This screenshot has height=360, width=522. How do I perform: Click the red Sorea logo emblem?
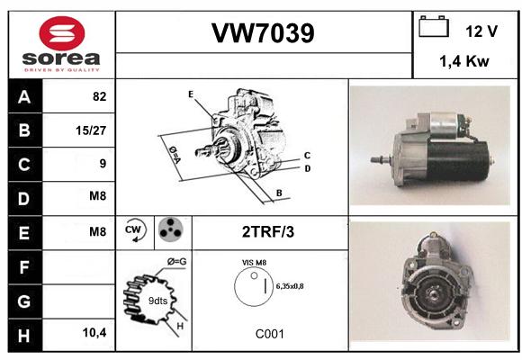pos(62,33)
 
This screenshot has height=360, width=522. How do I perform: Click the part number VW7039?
pos(263,33)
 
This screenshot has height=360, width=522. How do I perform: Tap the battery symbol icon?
pos(434,26)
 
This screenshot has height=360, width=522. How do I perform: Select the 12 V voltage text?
pos(481,31)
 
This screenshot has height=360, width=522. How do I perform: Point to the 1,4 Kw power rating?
pos(464,61)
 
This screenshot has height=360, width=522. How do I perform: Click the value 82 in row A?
pos(100,96)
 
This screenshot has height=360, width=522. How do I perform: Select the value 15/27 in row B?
pos(91,130)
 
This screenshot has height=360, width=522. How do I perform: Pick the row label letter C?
pos(24,165)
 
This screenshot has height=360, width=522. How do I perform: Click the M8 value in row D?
pos(98,196)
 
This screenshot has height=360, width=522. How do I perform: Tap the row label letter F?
pos(24,267)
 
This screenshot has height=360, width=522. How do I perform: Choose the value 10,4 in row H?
pos(94,332)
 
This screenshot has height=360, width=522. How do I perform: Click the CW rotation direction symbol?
pos(135,229)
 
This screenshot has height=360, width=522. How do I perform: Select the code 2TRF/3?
pos(268,232)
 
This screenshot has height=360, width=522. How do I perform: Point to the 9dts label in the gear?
pos(157,301)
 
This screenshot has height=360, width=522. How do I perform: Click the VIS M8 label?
pos(254,263)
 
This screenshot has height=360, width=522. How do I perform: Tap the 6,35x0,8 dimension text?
pos(290,286)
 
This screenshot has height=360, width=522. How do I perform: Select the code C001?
pos(270,334)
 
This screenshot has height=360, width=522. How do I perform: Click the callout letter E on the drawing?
pos(191,94)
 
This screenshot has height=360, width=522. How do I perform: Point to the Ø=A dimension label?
pos(175,155)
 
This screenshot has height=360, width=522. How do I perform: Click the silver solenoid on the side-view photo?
pos(443,125)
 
